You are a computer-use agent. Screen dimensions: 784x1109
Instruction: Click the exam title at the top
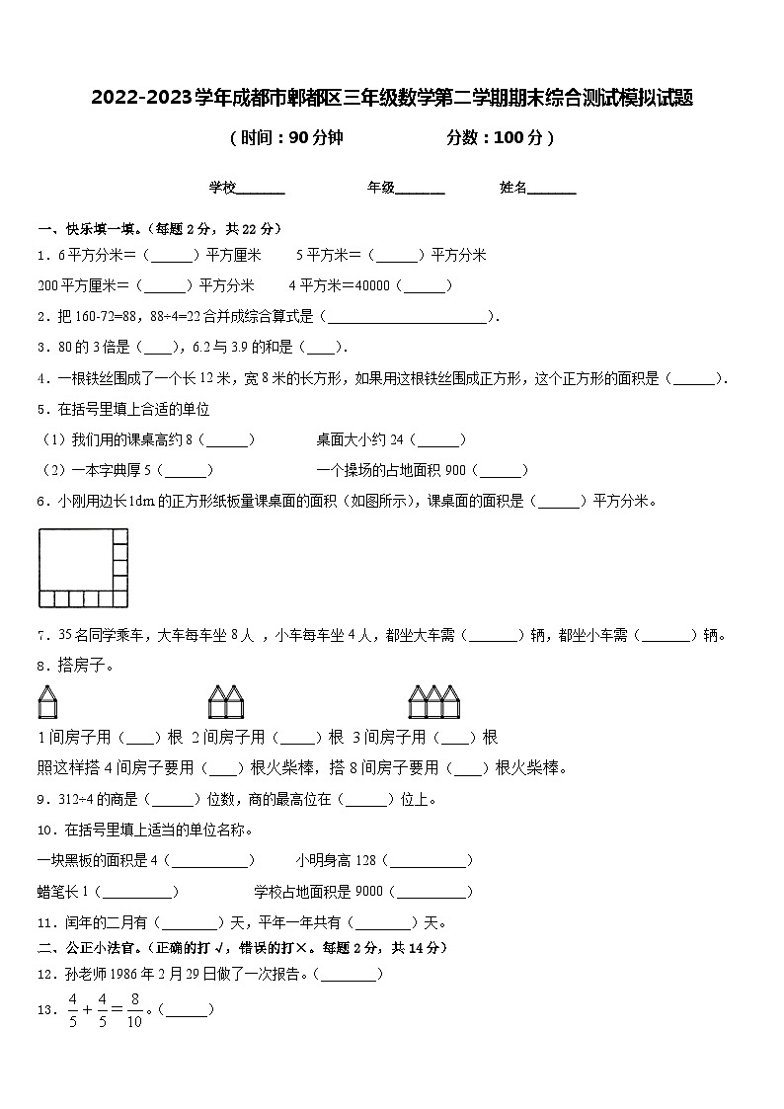pos(392,98)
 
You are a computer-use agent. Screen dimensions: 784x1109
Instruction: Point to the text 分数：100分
pos(500,138)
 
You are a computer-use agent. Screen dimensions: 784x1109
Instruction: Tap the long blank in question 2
pos(406,317)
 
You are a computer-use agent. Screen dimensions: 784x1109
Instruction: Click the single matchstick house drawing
pos(48,702)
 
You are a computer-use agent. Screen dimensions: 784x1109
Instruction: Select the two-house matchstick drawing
pos(225,702)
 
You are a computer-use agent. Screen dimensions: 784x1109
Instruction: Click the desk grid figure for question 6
pos(83,568)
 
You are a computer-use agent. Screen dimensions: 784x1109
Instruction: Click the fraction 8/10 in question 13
pos(134,1010)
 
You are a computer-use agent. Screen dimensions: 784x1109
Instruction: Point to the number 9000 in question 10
pos(368,892)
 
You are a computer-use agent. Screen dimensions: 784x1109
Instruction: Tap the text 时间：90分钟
pos(285,138)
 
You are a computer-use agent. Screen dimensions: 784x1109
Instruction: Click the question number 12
pos(43,975)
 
